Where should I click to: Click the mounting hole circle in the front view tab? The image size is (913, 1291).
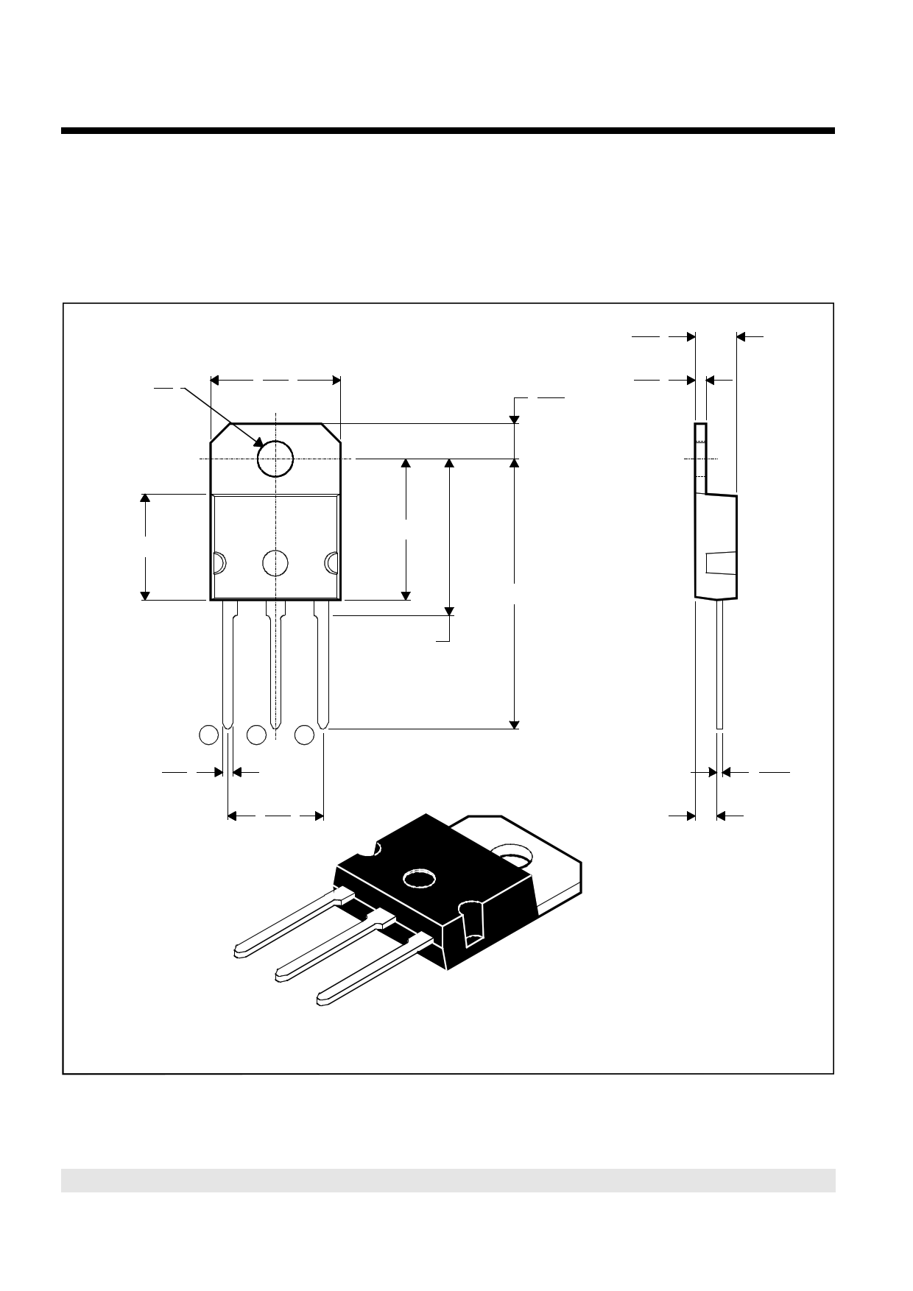275,459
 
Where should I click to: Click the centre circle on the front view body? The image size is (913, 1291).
275,563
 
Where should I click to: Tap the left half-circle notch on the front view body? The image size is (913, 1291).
218,563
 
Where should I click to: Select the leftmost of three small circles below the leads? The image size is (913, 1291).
209,735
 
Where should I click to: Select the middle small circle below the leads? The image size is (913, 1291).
256,735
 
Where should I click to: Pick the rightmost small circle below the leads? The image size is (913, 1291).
305,735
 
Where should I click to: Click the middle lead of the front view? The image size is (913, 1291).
275,662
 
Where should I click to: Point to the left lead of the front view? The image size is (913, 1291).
228,662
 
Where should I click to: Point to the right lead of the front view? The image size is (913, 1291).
322,662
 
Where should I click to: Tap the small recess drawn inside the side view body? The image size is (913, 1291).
719,563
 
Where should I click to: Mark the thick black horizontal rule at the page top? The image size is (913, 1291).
448,131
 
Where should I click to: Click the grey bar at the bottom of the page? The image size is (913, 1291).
448,1181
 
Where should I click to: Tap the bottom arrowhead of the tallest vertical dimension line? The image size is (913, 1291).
515,724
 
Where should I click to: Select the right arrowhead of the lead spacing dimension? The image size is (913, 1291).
319,816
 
